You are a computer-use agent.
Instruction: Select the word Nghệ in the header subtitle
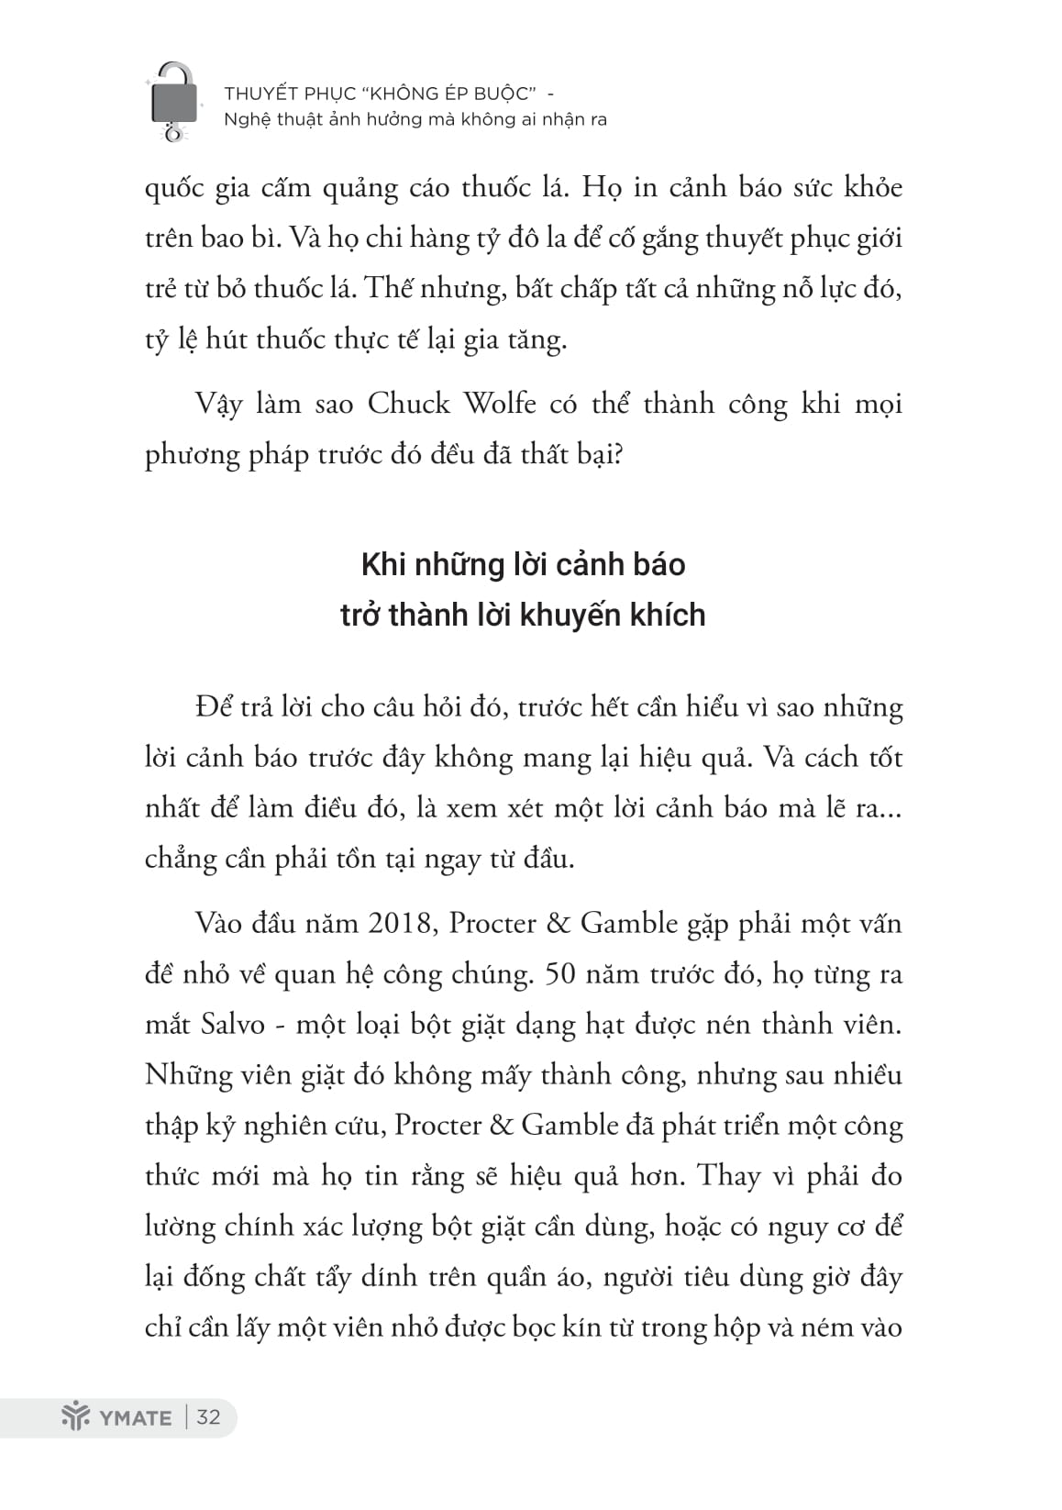(x=244, y=119)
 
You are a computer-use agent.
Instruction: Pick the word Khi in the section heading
(x=383, y=564)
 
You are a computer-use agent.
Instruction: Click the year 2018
(x=401, y=923)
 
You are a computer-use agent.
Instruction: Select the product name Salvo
(x=232, y=1024)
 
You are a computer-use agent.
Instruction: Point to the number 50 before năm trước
(x=561, y=973)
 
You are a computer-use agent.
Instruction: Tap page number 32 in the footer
(x=209, y=1417)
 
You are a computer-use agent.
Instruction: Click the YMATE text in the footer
(x=136, y=1418)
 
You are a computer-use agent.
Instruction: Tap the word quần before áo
(x=512, y=1277)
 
